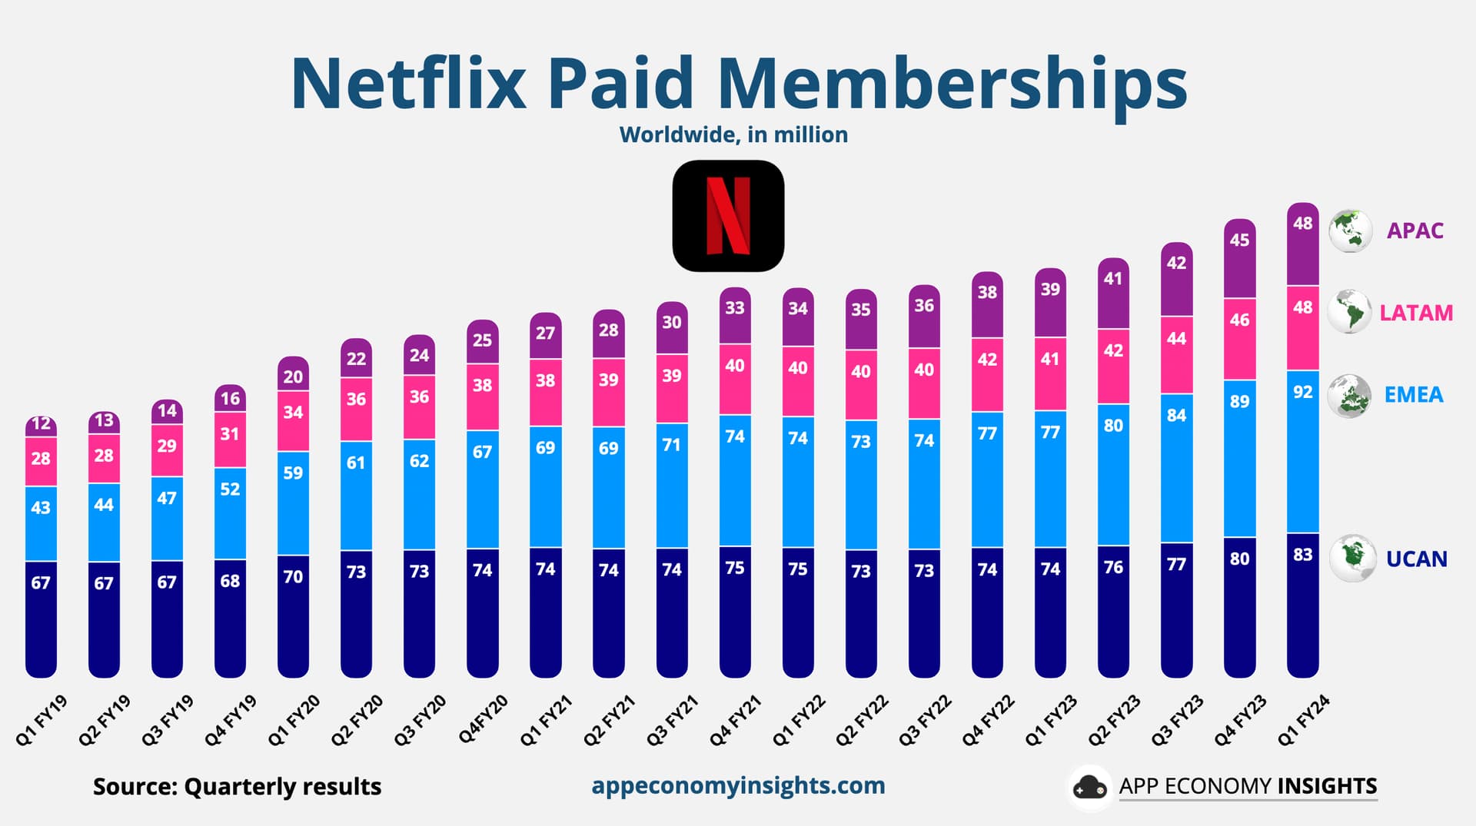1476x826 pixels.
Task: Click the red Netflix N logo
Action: click(x=728, y=216)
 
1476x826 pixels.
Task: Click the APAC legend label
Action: click(x=1414, y=231)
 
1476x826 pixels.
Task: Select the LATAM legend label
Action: click(x=1415, y=313)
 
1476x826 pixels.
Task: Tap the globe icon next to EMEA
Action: click(x=1349, y=396)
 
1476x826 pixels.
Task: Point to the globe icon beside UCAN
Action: click(x=1352, y=558)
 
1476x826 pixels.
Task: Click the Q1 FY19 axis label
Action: click(x=42, y=721)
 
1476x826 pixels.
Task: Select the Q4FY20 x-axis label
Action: click(x=483, y=719)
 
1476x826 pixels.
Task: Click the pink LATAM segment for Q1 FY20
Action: click(x=293, y=421)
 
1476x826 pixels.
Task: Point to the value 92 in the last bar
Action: click(x=1302, y=392)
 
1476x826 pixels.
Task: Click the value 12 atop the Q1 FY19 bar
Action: click(x=41, y=423)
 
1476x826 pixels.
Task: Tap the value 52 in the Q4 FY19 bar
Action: click(x=230, y=489)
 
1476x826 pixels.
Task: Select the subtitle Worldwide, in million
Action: click(x=733, y=134)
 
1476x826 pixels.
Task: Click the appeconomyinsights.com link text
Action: click(x=738, y=785)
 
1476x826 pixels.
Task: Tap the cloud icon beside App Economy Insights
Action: click(x=1089, y=787)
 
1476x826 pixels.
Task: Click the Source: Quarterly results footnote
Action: click(x=237, y=787)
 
